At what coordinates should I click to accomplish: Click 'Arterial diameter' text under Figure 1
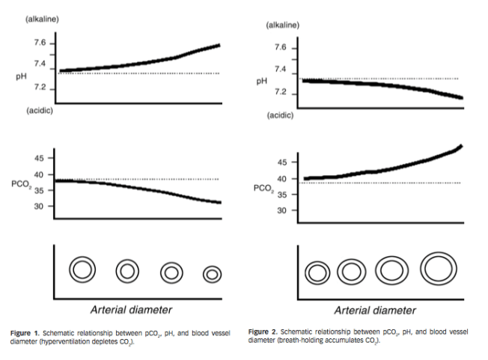132,309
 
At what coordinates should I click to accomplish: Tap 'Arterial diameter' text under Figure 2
375,309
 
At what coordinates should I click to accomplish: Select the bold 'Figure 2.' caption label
263,331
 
